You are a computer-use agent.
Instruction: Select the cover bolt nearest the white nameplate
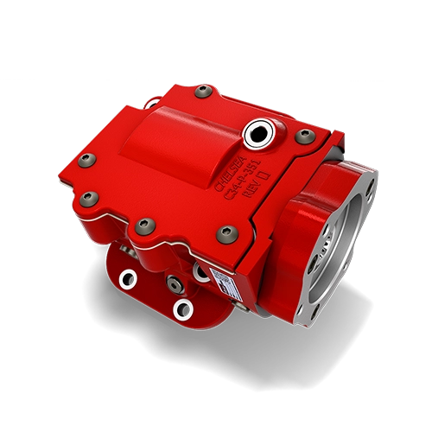[228, 232]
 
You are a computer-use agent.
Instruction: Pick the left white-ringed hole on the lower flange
[128, 278]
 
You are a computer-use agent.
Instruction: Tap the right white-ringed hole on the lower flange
[181, 307]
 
